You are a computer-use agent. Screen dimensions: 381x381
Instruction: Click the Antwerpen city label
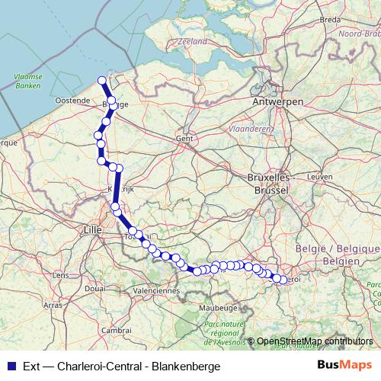278,101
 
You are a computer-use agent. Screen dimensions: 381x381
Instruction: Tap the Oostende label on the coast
72,101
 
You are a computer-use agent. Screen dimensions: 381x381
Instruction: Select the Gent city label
184,139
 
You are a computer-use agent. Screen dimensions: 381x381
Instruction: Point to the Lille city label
93,228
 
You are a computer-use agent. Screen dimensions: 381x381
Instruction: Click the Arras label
53,304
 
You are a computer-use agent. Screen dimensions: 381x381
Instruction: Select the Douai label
96,288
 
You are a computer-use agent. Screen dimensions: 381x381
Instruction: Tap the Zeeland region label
193,43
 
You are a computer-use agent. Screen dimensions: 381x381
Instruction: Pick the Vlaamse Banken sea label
27,82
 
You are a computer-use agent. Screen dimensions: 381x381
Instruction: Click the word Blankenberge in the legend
186,366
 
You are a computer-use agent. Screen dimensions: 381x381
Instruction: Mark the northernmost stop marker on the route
103,79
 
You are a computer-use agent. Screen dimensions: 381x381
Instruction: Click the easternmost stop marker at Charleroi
283,280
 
